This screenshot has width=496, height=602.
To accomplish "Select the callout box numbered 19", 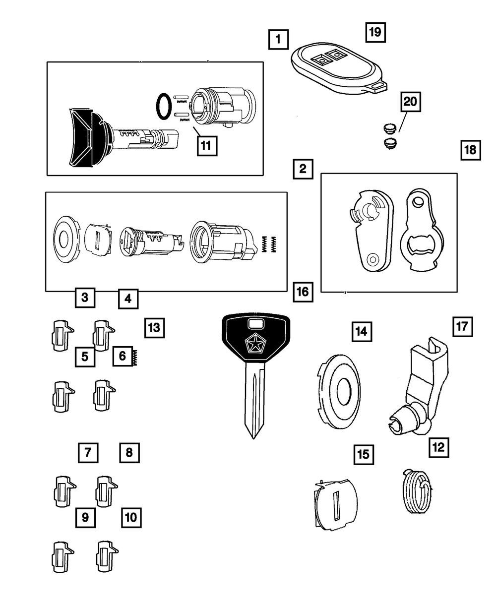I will pyautogui.click(x=375, y=32).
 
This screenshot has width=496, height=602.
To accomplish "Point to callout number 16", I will pyautogui.click(x=302, y=292).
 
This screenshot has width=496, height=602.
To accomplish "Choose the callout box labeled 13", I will pyautogui.click(x=154, y=327).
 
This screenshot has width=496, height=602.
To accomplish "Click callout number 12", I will pyautogui.click(x=438, y=447).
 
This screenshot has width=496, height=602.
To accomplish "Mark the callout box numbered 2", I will pyautogui.click(x=302, y=170).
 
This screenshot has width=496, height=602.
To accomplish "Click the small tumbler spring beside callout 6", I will pyautogui.click(x=134, y=356).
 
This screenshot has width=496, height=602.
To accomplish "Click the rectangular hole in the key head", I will pyautogui.click(x=255, y=324).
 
